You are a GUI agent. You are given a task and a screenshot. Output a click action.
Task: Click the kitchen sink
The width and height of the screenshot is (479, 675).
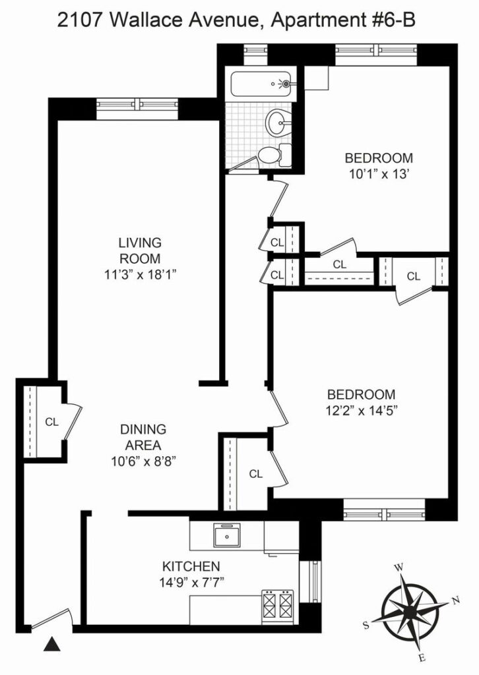click(227, 535)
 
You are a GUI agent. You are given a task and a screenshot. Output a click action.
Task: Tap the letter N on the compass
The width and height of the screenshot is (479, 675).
click(457, 600)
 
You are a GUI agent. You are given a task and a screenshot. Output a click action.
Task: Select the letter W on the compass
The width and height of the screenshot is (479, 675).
click(399, 568)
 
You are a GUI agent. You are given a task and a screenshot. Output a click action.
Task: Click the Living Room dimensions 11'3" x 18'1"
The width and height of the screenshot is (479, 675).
click(140, 275)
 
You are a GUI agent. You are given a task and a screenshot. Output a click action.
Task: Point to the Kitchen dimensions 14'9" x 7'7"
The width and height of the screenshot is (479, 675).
click(191, 583)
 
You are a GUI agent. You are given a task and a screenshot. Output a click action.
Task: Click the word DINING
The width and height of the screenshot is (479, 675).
click(143, 429)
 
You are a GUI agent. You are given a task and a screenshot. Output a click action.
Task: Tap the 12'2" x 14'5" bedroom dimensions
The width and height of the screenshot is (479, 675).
click(361, 411)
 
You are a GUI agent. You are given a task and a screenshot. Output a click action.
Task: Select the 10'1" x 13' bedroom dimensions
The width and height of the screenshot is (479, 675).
click(379, 174)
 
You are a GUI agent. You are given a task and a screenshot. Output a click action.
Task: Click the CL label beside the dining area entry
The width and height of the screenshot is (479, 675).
click(51, 423)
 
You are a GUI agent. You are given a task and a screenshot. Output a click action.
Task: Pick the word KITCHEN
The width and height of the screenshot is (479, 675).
click(191, 566)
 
